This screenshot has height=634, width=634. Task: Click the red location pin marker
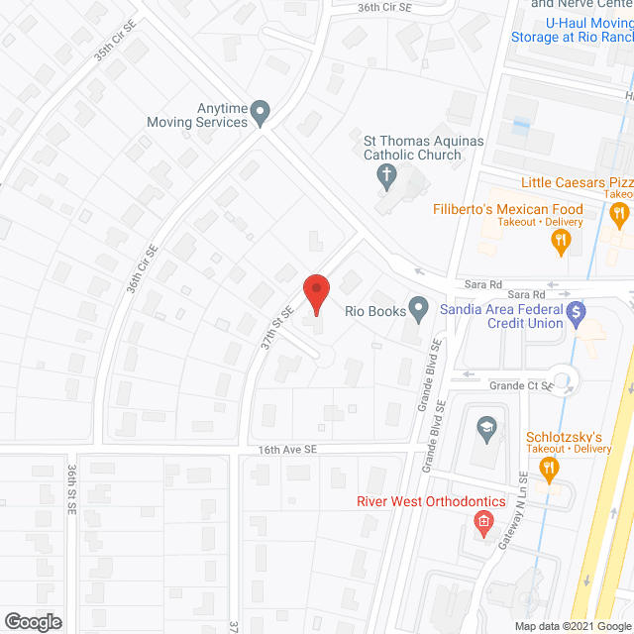[x=315, y=293]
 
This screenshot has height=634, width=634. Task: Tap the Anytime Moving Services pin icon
[x=261, y=113]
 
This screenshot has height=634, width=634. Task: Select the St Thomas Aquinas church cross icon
[x=386, y=178]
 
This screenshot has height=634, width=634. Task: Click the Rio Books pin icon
[x=420, y=311]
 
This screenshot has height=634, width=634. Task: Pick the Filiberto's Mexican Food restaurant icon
[x=561, y=240]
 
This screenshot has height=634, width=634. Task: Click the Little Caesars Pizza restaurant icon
[x=620, y=213]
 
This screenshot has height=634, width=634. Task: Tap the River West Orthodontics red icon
[x=484, y=522]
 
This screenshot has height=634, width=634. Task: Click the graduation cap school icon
[x=485, y=428]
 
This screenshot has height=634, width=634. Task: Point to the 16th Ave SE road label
[x=287, y=449]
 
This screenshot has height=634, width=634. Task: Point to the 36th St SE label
[x=72, y=489]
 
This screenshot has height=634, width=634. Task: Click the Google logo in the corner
[x=32, y=621]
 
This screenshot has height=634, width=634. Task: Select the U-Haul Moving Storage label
[x=572, y=29]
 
